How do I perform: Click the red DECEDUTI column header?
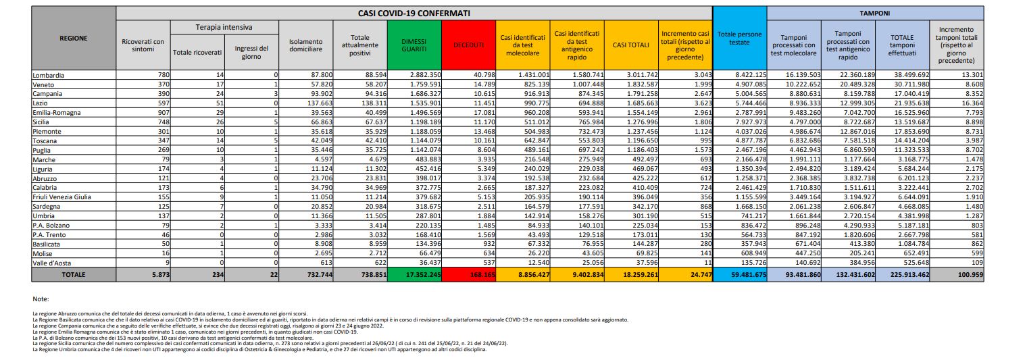coord(468,45)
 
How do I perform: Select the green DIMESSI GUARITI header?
coord(414,45)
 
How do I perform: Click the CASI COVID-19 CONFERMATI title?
coord(414,13)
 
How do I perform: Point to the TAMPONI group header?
coord(874,13)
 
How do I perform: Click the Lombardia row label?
coord(49,74)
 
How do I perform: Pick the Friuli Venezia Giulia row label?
coord(61,194)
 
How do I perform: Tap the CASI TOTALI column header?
coord(630,45)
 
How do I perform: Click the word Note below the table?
coord(40,298)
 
